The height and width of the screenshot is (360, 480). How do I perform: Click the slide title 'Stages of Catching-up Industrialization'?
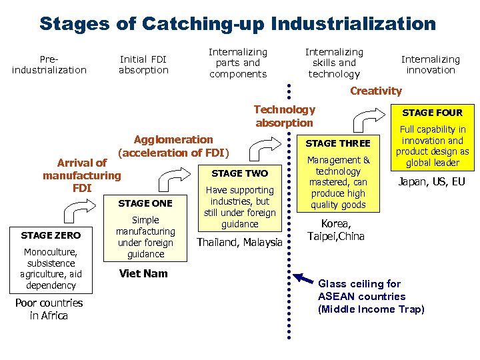click(x=237, y=24)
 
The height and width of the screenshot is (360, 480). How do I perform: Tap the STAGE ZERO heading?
click(x=51, y=235)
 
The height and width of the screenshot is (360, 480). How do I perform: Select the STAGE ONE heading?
click(x=145, y=203)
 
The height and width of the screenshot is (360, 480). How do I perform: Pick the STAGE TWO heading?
click(x=239, y=173)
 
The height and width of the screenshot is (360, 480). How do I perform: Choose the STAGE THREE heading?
click(x=337, y=143)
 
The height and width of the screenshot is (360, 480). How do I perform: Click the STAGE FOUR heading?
click(x=433, y=113)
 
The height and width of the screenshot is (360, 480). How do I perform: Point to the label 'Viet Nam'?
click(x=143, y=273)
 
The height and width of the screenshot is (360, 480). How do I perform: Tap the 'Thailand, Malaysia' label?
click(x=240, y=243)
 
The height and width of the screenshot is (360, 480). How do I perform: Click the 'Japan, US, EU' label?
click(x=432, y=181)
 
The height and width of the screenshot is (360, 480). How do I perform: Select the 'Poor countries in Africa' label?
click(x=49, y=309)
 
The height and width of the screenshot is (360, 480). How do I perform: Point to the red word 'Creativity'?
click(x=376, y=91)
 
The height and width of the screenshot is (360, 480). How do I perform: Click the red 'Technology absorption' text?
click(x=284, y=116)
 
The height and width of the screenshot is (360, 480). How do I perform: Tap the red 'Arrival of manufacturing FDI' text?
click(x=82, y=175)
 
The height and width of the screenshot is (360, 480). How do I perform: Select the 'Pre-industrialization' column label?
click(x=49, y=64)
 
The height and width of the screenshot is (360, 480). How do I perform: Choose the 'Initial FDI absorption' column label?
click(x=143, y=64)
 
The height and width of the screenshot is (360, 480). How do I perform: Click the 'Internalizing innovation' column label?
click(x=431, y=64)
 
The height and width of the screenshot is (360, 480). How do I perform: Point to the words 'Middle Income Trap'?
click(x=371, y=309)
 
